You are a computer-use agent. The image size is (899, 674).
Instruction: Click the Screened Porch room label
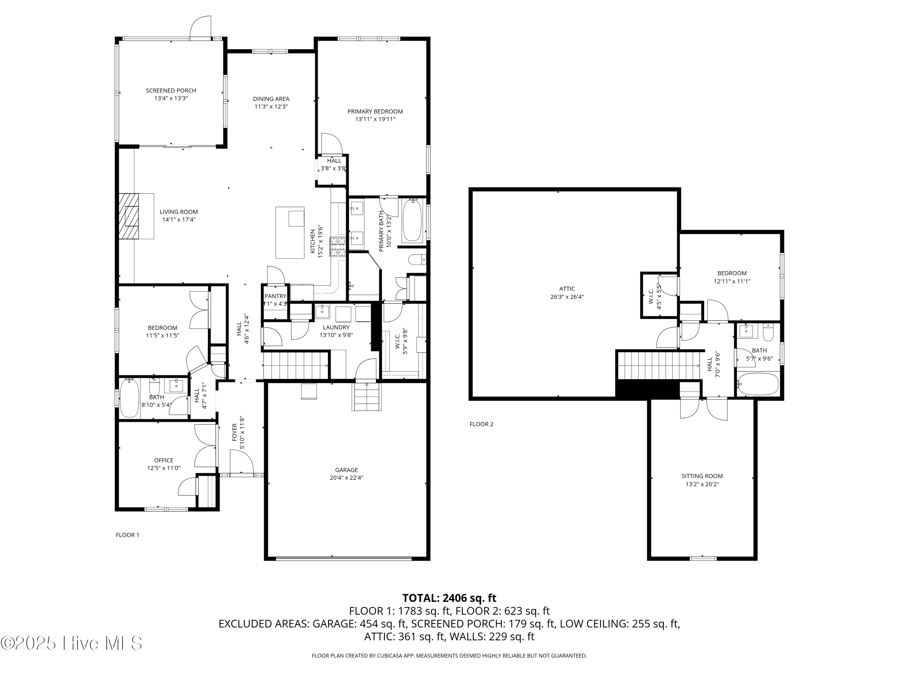click(171, 90)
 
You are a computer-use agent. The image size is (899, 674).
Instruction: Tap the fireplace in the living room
click(129, 216)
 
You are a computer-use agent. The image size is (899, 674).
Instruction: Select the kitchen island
click(290, 232)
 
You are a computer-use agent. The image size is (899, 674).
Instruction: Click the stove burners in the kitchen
click(337, 247)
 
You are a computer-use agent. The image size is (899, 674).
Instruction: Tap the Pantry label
click(275, 296)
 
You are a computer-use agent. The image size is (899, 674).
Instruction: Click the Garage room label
click(346, 470)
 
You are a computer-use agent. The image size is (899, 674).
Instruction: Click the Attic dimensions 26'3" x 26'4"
click(567, 297)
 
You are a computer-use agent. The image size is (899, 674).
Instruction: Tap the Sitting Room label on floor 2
click(702, 476)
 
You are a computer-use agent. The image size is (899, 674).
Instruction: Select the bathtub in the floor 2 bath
click(758, 384)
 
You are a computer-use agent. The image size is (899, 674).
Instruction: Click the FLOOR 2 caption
click(481, 424)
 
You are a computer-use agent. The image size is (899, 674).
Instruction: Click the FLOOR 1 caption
click(127, 535)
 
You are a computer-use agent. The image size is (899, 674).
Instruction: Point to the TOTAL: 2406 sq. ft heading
click(449, 598)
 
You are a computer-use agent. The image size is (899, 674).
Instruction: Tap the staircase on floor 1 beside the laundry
click(295, 366)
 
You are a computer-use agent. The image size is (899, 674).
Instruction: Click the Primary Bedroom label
click(375, 111)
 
